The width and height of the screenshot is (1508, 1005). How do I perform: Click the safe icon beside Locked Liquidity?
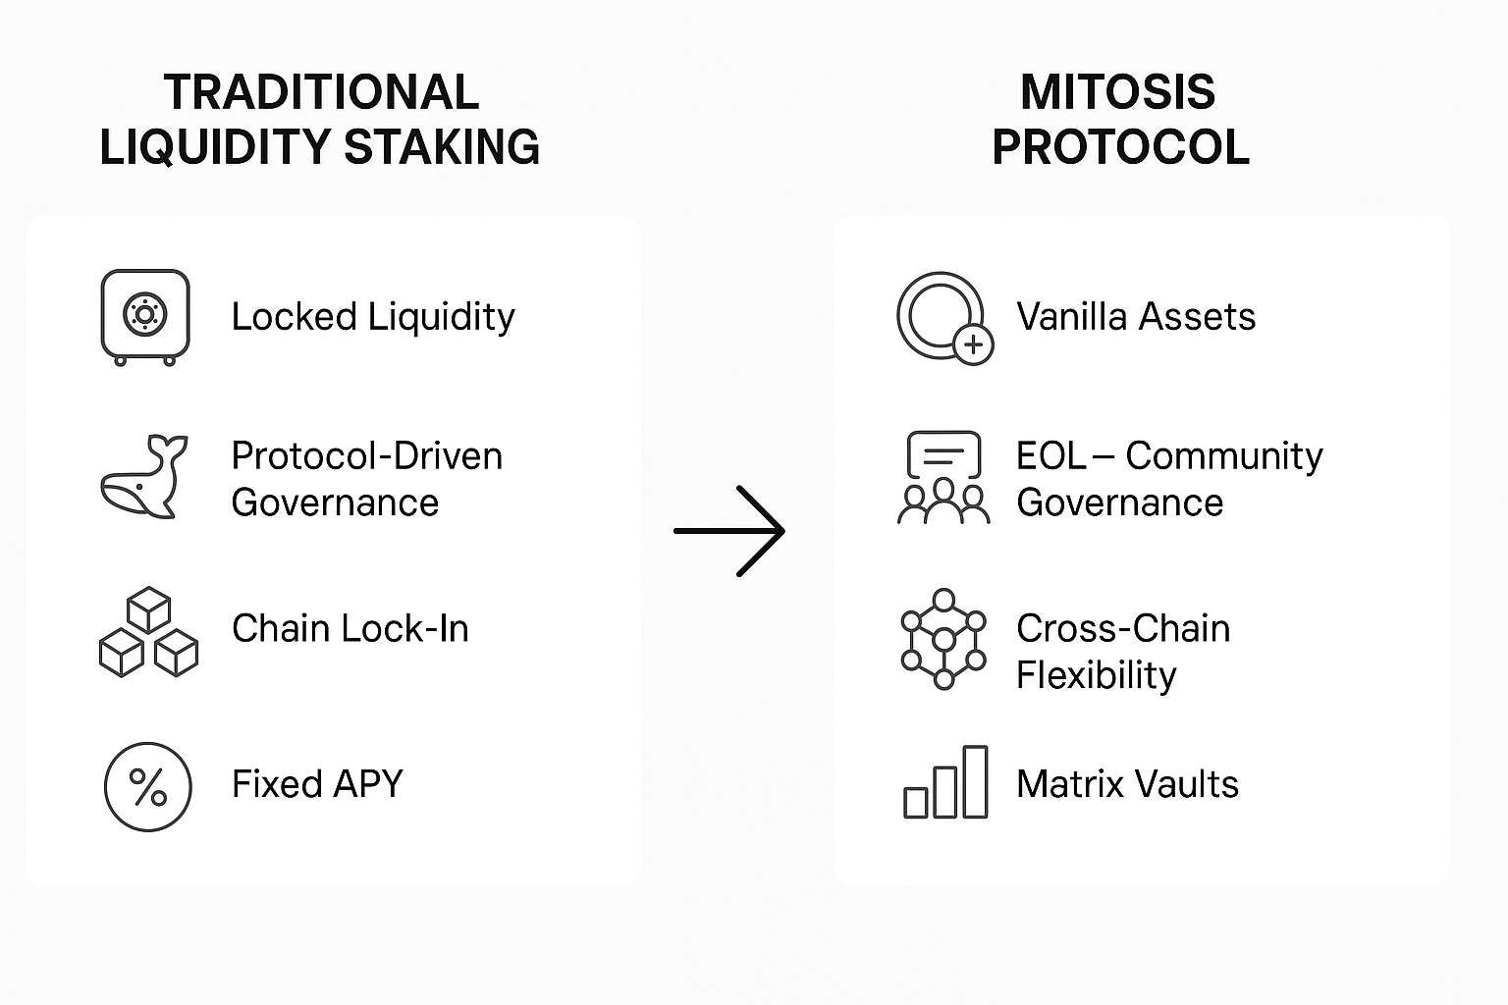(145, 316)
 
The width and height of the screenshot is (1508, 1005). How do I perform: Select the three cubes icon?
(148, 631)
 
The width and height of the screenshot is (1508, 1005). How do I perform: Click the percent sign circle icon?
(148, 787)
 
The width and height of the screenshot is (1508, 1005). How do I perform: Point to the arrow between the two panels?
(729, 530)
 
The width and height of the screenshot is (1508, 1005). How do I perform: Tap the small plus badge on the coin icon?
(974, 344)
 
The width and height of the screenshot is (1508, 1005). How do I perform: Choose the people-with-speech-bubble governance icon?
(943, 477)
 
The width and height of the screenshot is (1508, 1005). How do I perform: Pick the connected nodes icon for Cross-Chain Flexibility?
(943, 639)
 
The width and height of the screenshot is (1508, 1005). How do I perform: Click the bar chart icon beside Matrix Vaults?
(945, 782)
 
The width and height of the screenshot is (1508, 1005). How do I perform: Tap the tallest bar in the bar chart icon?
(976, 781)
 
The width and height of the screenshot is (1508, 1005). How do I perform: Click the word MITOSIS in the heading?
(1117, 92)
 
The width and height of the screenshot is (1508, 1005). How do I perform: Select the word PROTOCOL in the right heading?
(1121, 147)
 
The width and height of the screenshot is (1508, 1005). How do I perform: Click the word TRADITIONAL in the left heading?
(322, 92)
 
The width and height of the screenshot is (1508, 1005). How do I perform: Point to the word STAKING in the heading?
(442, 147)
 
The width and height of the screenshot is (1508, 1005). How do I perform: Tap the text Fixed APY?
(317, 784)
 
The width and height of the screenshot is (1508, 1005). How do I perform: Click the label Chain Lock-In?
(350, 629)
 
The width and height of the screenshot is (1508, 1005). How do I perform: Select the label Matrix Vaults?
(1128, 784)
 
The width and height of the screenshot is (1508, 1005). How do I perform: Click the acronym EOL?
(1051, 455)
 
